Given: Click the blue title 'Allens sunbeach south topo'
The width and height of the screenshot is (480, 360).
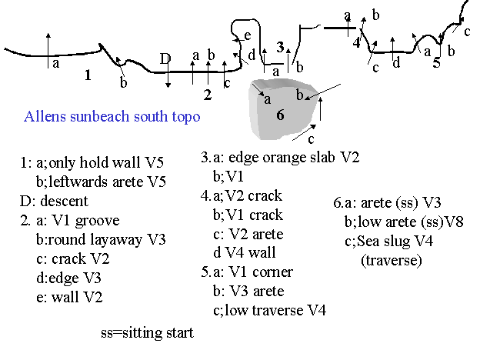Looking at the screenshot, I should click(x=112, y=117).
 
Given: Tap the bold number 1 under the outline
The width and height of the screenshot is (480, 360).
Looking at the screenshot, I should click(x=88, y=75).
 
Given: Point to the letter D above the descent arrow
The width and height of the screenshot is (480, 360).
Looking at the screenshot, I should click(x=165, y=58).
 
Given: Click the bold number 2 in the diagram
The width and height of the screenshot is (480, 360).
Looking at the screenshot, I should click(x=207, y=95).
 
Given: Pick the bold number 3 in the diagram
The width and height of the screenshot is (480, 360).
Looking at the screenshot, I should click(x=281, y=46).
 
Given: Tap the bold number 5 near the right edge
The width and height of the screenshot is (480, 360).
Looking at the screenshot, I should click(x=436, y=63).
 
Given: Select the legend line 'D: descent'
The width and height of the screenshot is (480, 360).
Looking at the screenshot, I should click(x=55, y=202).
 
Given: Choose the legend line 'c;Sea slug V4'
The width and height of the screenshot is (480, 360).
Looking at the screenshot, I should click(x=389, y=242).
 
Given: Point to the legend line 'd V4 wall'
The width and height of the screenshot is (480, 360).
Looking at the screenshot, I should click(x=244, y=252).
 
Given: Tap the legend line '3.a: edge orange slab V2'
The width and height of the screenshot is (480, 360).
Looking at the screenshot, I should click(x=280, y=158).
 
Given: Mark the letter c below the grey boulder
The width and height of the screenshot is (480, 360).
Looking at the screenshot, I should click(x=311, y=140).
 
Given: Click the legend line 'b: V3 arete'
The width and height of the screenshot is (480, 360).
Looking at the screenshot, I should click(x=248, y=291).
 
